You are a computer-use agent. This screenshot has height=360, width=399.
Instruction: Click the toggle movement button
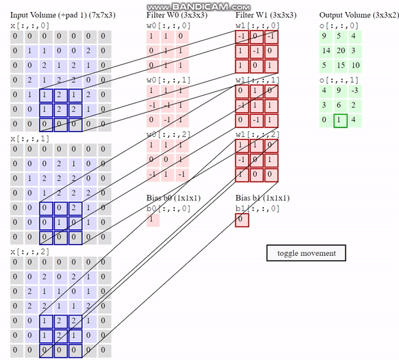click(307, 253)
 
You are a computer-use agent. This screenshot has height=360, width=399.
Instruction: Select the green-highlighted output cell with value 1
click(340, 120)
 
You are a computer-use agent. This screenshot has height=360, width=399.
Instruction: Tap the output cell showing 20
click(340, 50)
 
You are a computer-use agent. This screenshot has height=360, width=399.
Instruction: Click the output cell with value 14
click(326, 50)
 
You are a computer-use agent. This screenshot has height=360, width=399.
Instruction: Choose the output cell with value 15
click(340, 65)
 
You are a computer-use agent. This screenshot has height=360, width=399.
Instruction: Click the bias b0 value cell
click(153, 219)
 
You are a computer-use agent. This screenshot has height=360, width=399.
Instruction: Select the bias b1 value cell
click(242, 219)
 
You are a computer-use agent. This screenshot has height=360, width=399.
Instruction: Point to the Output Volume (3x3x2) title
click(358, 15)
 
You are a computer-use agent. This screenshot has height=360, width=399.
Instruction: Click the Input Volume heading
click(59, 15)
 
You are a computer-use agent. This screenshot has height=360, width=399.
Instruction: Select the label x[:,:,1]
click(25, 138)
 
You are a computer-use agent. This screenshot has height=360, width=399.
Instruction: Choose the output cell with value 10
click(355, 65)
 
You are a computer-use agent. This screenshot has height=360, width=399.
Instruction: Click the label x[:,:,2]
click(25, 252)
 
